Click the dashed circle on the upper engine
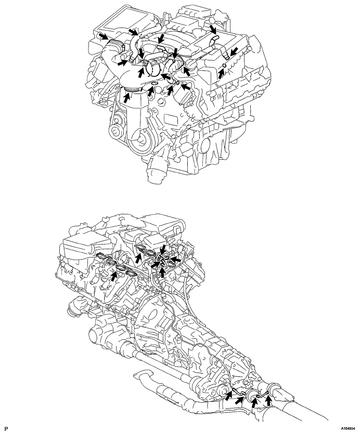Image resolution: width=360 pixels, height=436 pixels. (152, 68)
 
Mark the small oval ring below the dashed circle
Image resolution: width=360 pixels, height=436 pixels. (153, 84)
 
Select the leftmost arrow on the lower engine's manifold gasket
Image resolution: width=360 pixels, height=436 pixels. (113, 274)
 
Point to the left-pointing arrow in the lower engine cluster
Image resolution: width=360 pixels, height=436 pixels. (177, 258)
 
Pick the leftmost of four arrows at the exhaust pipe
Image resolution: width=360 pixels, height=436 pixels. (229, 395)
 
